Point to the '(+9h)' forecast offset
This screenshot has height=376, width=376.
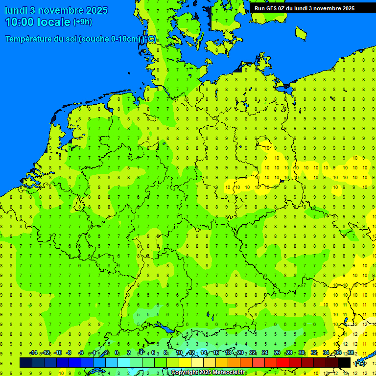pyautogui.click(x=82, y=22)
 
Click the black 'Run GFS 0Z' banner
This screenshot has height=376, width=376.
pyautogui.click(x=304, y=8)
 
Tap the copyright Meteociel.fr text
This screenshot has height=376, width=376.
pyautogui.click(x=208, y=373)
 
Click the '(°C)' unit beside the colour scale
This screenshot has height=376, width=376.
pyautogui.click(x=360, y=363)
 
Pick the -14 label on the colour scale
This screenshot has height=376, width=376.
pyautogui.click(x=33, y=353)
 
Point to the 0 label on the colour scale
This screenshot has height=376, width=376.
pyautogui.click(x=117, y=353)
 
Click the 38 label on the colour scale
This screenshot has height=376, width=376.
pyautogui.click(x=350, y=353)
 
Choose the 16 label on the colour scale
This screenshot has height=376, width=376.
pyautogui.click(x=216, y=353)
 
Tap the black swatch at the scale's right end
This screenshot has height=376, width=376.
pyautogui.click(x=344, y=362)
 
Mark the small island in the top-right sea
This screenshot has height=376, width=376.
pyautogui.click(x=301, y=33)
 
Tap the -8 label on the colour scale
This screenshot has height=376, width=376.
pyautogui.click(x=69, y=353)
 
